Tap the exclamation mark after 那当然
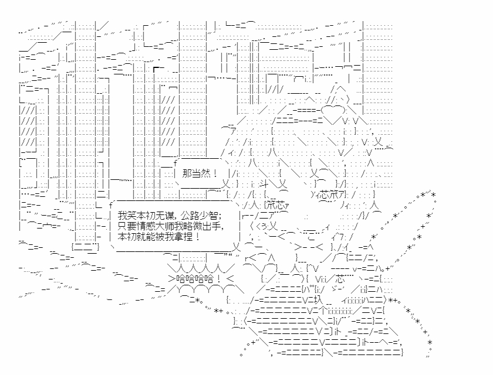click(x=215, y=173)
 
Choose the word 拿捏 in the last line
click(x=183, y=236)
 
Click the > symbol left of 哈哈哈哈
click(x=171, y=279)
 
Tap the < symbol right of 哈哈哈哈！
click(x=230, y=279)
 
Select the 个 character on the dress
click(x=323, y=311)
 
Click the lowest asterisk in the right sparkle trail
click(x=430, y=342)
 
